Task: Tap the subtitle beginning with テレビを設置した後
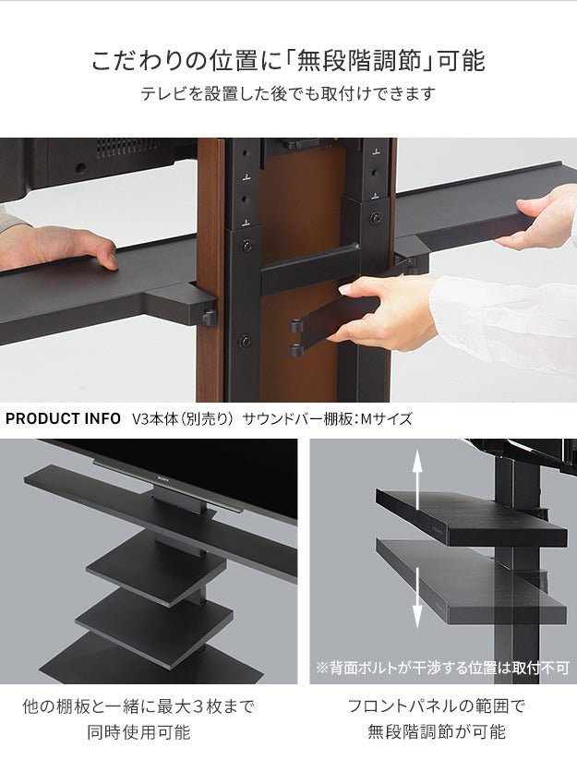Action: pyautogui.click(x=287, y=94)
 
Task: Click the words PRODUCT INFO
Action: pyautogui.click(x=64, y=418)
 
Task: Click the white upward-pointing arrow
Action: pyautogui.click(x=417, y=473)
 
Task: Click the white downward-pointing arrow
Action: pyautogui.click(x=417, y=598)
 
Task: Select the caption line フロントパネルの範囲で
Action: pyautogui.click(x=436, y=706)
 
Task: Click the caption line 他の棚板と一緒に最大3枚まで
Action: pyautogui.click(x=138, y=706)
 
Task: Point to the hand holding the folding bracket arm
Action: pyautogui.click(x=388, y=310)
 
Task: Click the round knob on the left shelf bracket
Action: pyautogui.click(x=210, y=319)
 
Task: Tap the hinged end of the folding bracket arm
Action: pyautogui.click(x=298, y=337)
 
